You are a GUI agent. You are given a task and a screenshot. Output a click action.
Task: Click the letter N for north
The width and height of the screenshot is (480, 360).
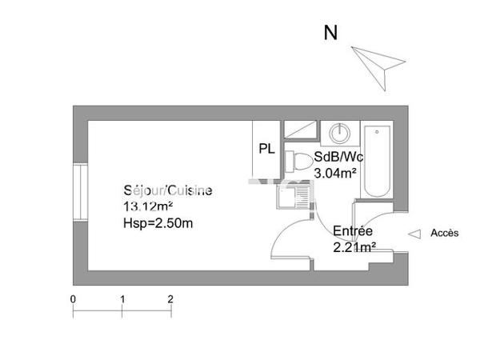point(330,33)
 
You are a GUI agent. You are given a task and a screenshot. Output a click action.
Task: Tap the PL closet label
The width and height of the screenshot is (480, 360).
point(266,149)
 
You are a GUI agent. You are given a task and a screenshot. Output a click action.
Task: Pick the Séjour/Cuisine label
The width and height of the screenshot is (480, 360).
point(168,191)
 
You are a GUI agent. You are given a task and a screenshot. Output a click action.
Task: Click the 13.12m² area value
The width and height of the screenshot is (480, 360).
point(148,206)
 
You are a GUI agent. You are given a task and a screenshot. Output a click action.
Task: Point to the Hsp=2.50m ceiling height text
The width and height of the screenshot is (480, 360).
point(158,223)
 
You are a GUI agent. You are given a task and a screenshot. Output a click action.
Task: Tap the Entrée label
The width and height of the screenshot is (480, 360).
point(354,231)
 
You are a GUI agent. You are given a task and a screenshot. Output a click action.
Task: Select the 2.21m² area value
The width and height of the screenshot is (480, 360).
point(354,246)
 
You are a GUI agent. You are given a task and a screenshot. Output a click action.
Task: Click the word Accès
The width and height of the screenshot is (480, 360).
point(445,234)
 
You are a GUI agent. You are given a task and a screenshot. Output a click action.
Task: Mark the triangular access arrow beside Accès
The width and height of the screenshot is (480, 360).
point(414,234)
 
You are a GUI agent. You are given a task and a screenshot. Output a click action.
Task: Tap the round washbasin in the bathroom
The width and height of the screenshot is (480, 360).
point(339,133)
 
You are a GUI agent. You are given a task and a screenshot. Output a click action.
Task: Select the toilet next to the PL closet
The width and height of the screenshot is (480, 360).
point(299,161)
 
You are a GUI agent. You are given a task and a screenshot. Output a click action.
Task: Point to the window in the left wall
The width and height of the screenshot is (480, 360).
point(80,193)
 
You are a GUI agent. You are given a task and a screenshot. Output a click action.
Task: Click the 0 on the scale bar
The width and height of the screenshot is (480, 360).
point(74,298)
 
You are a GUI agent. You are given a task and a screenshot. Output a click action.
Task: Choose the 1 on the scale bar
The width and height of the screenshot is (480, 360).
point(122,298)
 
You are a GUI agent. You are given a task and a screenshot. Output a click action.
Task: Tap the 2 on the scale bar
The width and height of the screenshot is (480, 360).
point(170,298)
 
